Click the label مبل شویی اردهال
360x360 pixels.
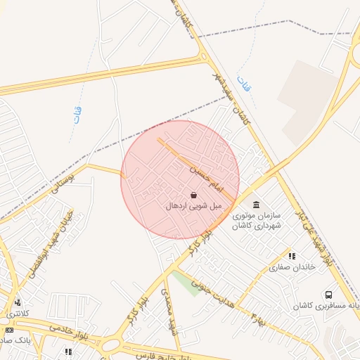(193, 207)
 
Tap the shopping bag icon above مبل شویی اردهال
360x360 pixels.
(194, 195)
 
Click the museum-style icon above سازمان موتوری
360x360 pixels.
(255, 204)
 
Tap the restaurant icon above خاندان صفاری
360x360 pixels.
(292, 255)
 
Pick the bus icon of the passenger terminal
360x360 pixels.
(329, 295)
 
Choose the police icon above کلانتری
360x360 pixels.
(18, 303)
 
